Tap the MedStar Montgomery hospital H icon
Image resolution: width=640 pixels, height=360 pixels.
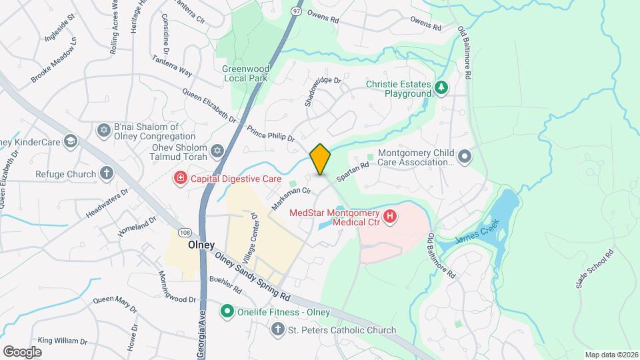click(391, 217)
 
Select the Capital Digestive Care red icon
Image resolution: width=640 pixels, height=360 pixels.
click(179, 177)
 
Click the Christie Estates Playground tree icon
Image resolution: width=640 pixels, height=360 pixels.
click(440, 87)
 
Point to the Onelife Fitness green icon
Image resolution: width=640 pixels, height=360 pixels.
click(227, 311)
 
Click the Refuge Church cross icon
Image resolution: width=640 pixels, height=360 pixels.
click(106, 174)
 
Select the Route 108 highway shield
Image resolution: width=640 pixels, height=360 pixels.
click(185, 230)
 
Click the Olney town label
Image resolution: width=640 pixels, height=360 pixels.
click(201, 245)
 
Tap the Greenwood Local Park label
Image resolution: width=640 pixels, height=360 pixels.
click(245, 73)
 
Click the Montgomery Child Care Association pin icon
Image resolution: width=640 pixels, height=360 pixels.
click(465, 157)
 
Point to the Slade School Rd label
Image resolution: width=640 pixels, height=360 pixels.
click(594, 269)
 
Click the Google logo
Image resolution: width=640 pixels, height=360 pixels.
click(22, 351)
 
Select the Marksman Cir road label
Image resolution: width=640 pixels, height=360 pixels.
click(291, 199)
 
